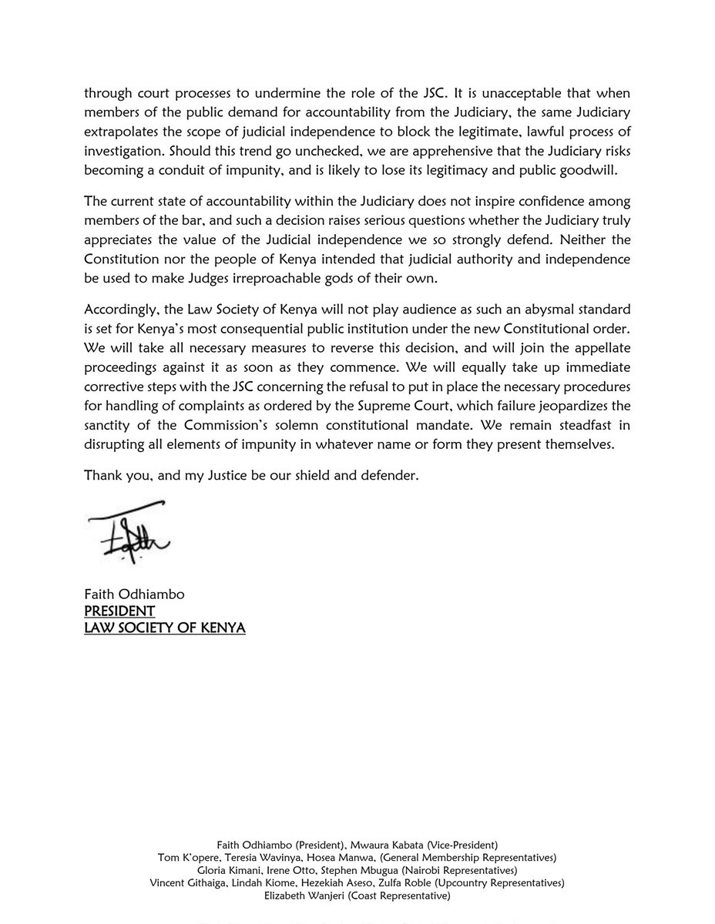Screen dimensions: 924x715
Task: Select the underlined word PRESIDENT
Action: click(x=119, y=611)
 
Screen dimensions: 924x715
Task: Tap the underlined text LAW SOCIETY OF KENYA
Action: click(x=165, y=628)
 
